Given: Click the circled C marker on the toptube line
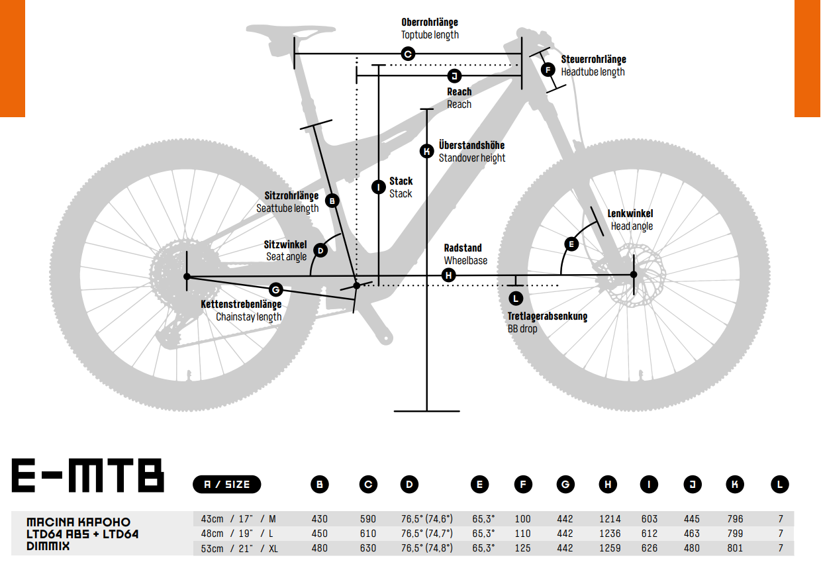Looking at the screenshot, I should (408, 54).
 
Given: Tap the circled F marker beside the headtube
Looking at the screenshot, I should (548, 70).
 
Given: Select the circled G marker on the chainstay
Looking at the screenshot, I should (276, 289).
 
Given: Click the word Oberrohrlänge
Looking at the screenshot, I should (429, 23).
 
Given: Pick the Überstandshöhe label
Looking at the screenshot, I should (471, 145).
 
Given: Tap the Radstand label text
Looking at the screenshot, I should (463, 248).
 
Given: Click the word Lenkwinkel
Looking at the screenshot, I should (630, 214).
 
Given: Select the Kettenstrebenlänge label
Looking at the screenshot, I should (242, 305).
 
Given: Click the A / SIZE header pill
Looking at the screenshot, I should (226, 485).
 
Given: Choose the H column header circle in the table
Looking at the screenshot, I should (608, 485).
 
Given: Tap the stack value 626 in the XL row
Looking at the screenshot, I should (650, 548).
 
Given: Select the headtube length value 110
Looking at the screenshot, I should (522, 534).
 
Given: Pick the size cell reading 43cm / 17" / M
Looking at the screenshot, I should (234, 519).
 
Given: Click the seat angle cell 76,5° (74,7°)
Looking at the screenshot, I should (426, 534).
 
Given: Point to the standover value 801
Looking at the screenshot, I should (735, 548).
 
